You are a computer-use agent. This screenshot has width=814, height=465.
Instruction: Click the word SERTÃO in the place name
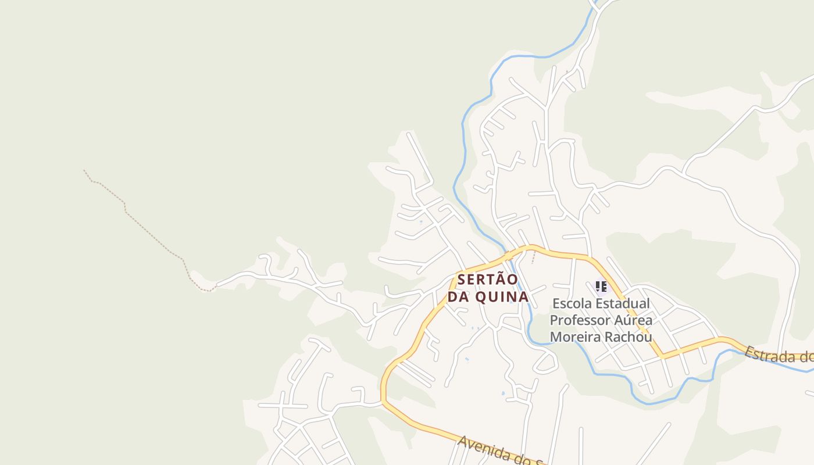[x=487, y=280]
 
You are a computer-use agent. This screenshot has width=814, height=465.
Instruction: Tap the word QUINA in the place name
[x=502, y=296]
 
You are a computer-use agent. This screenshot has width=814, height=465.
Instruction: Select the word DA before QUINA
[x=459, y=296]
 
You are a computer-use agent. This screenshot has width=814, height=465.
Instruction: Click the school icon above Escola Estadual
[x=601, y=286]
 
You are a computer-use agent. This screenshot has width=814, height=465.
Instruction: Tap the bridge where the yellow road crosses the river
[x=508, y=255]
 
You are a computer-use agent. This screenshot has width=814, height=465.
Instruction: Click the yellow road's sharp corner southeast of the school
[x=662, y=355]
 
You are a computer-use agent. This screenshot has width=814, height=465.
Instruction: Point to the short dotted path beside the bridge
[x=533, y=257]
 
